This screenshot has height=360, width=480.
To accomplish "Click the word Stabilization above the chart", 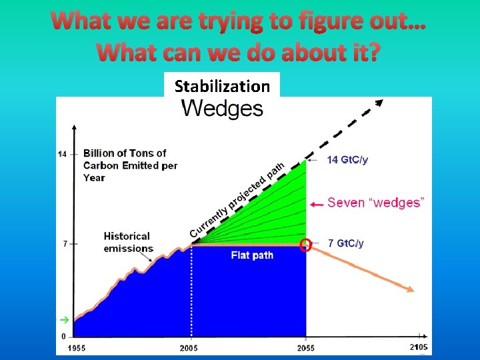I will (222, 86).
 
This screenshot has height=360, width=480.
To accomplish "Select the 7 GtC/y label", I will (345, 243).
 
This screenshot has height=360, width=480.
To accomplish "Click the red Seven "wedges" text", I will (377, 202).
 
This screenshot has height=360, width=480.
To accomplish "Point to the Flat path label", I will (252, 255).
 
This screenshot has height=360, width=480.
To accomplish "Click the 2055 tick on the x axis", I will (306, 348).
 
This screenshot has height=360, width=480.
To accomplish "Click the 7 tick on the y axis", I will (65, 244).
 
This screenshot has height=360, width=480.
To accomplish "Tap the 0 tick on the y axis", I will (63, 336).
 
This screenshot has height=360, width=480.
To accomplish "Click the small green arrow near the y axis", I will (64, 319).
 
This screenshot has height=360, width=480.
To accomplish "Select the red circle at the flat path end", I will (306, 245).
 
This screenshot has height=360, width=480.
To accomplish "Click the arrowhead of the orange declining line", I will (411, 289).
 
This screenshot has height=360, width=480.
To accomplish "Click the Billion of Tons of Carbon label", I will (129, 165).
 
